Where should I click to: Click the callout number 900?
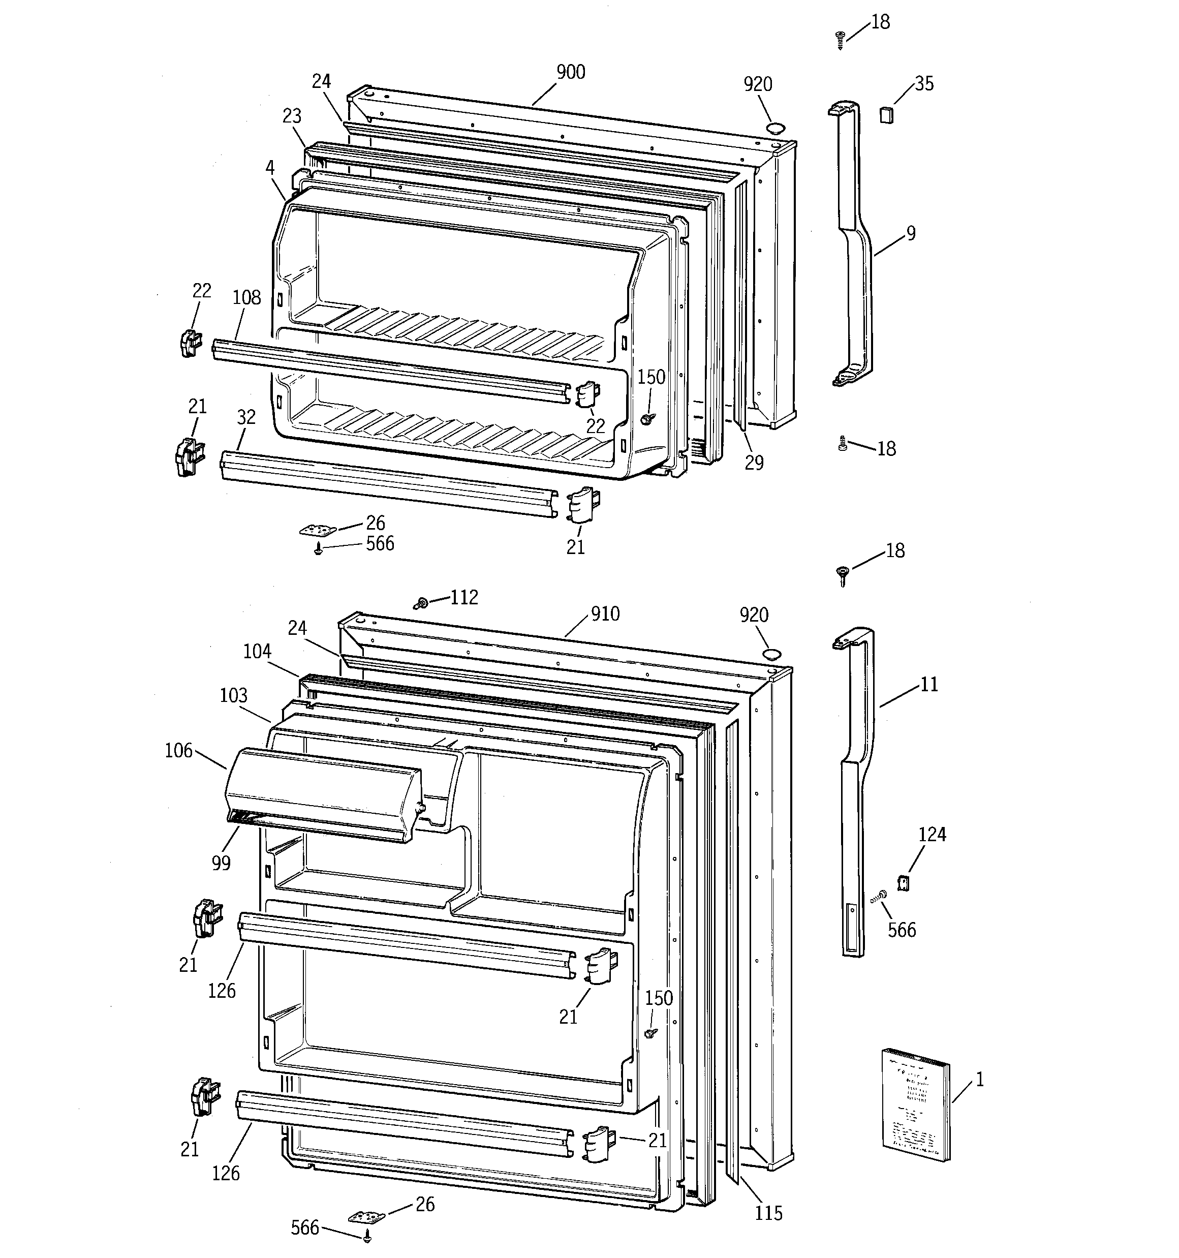570,72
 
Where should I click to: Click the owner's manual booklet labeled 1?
916,1104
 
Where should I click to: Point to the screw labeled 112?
420,604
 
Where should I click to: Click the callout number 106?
178,751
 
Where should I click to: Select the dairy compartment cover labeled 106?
323,794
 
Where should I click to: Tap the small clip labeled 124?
904,883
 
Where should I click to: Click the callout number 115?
768,1213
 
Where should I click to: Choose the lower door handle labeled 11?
856,791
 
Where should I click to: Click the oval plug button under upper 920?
774,129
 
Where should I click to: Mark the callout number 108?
246,297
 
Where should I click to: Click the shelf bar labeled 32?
386,484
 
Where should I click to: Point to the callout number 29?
754,463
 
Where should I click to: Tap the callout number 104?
257,651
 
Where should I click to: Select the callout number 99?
221,863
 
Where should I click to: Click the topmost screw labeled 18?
841,40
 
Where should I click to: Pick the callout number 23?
292,116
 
